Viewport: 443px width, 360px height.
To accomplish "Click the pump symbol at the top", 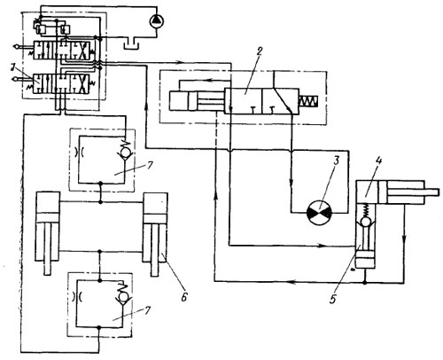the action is (157, 20).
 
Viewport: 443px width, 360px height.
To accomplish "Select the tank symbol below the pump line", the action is (131, 43).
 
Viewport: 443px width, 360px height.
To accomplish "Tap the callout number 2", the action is (259, 51).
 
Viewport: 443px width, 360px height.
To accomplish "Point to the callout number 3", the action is (336, 161).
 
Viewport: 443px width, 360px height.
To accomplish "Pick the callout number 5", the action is (333, 299).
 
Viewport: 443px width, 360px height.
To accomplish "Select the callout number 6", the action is (184, 297).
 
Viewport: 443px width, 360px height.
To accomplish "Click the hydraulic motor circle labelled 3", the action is (320, 212).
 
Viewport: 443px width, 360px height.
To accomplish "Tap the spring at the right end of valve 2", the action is (309, 102).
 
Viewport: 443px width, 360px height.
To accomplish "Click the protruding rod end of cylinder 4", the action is (431, 192).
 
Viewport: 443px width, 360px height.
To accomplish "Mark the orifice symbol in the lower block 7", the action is (76, 297).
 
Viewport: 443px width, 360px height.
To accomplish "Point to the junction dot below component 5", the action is (365, 283).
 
